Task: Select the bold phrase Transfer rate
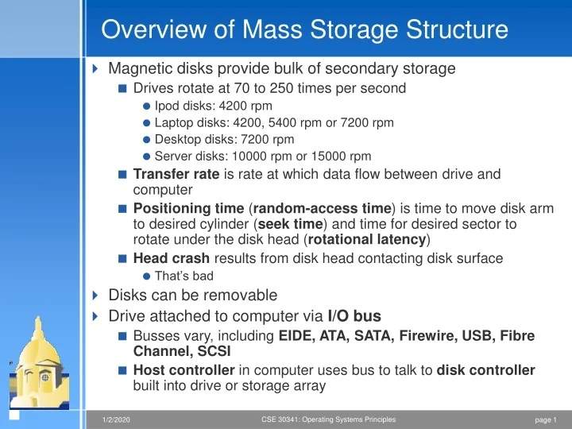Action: pos(176,174)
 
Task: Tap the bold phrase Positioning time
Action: pos(184,208)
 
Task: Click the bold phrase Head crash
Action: pos(172,258)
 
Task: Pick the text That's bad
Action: pos(184,276)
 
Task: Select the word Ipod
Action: pos(167,106)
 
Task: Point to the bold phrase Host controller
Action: pos(184,370)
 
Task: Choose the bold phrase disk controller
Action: pos(486,370)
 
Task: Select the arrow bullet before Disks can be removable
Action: pos(96,296)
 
